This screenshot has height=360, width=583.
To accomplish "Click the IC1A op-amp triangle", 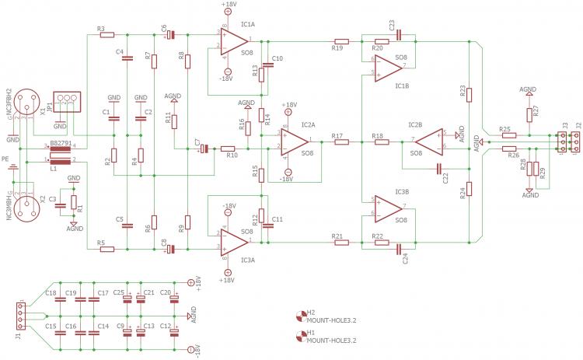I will [233, 42].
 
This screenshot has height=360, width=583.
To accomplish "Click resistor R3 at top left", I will [106, 35].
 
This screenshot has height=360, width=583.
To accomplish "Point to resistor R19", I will [340, 40].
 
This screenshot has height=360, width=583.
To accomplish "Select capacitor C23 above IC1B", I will [397, 34].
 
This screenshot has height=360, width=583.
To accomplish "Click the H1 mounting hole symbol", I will [301, 336].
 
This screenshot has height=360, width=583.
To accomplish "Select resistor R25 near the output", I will [510, 135].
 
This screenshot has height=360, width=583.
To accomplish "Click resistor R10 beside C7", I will [227, 148].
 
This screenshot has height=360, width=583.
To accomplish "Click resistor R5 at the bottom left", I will [106, 249].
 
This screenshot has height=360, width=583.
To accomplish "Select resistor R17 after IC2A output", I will [339, 142].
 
